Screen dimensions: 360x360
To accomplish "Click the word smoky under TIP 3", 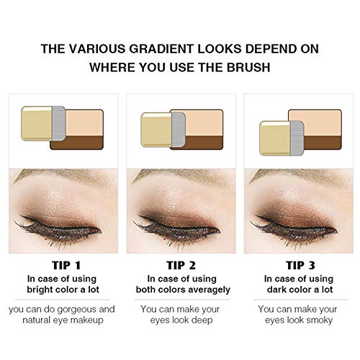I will point(325,324).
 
